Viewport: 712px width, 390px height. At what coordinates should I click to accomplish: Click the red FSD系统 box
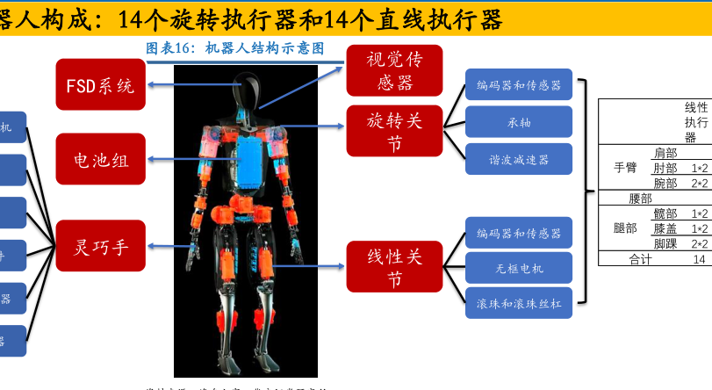pos(100,85)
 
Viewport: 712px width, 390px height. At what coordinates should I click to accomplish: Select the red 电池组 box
pos(100,160)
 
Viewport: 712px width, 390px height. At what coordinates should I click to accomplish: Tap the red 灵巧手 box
pos(100,245)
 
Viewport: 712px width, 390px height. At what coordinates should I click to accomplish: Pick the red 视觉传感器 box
pos(389,71)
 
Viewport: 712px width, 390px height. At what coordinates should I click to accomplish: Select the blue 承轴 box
pos(519,122)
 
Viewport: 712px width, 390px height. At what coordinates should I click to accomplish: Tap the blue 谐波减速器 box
pos(519,160)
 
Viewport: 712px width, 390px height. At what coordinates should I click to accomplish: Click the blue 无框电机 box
pos(519,269)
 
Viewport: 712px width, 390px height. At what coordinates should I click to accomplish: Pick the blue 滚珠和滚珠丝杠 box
pos(519,304)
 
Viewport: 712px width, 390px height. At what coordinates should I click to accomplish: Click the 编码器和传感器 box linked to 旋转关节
pos(519,85)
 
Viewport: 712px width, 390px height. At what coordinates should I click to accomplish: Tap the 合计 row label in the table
pos(641,259)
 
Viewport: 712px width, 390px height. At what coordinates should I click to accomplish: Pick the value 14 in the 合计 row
pos(699,259)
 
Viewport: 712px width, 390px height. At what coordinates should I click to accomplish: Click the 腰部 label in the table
pos(641,199)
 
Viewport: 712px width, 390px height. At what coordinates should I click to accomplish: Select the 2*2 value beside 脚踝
pos(699,243)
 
